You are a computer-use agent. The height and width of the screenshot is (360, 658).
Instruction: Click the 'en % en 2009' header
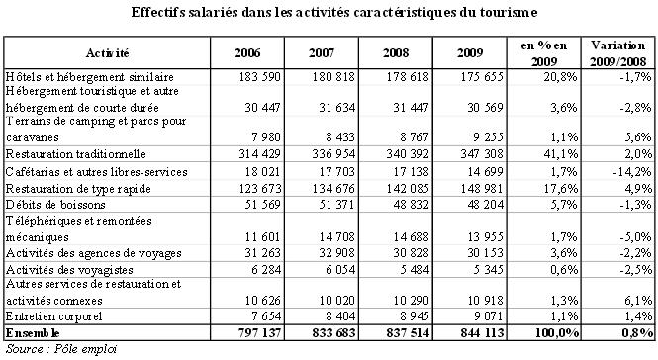[546, 51]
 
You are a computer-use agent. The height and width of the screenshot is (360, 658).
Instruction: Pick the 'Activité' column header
[108, 51]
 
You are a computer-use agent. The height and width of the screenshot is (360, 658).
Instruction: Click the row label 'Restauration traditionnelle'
[76, 154]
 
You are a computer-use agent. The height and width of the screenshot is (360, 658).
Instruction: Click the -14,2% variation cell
[630, 171]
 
